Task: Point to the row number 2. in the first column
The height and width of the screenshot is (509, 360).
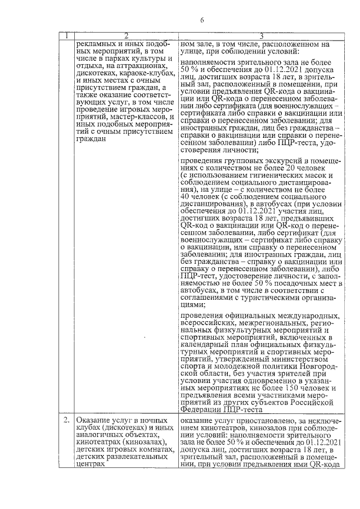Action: [x=67, y=421]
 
